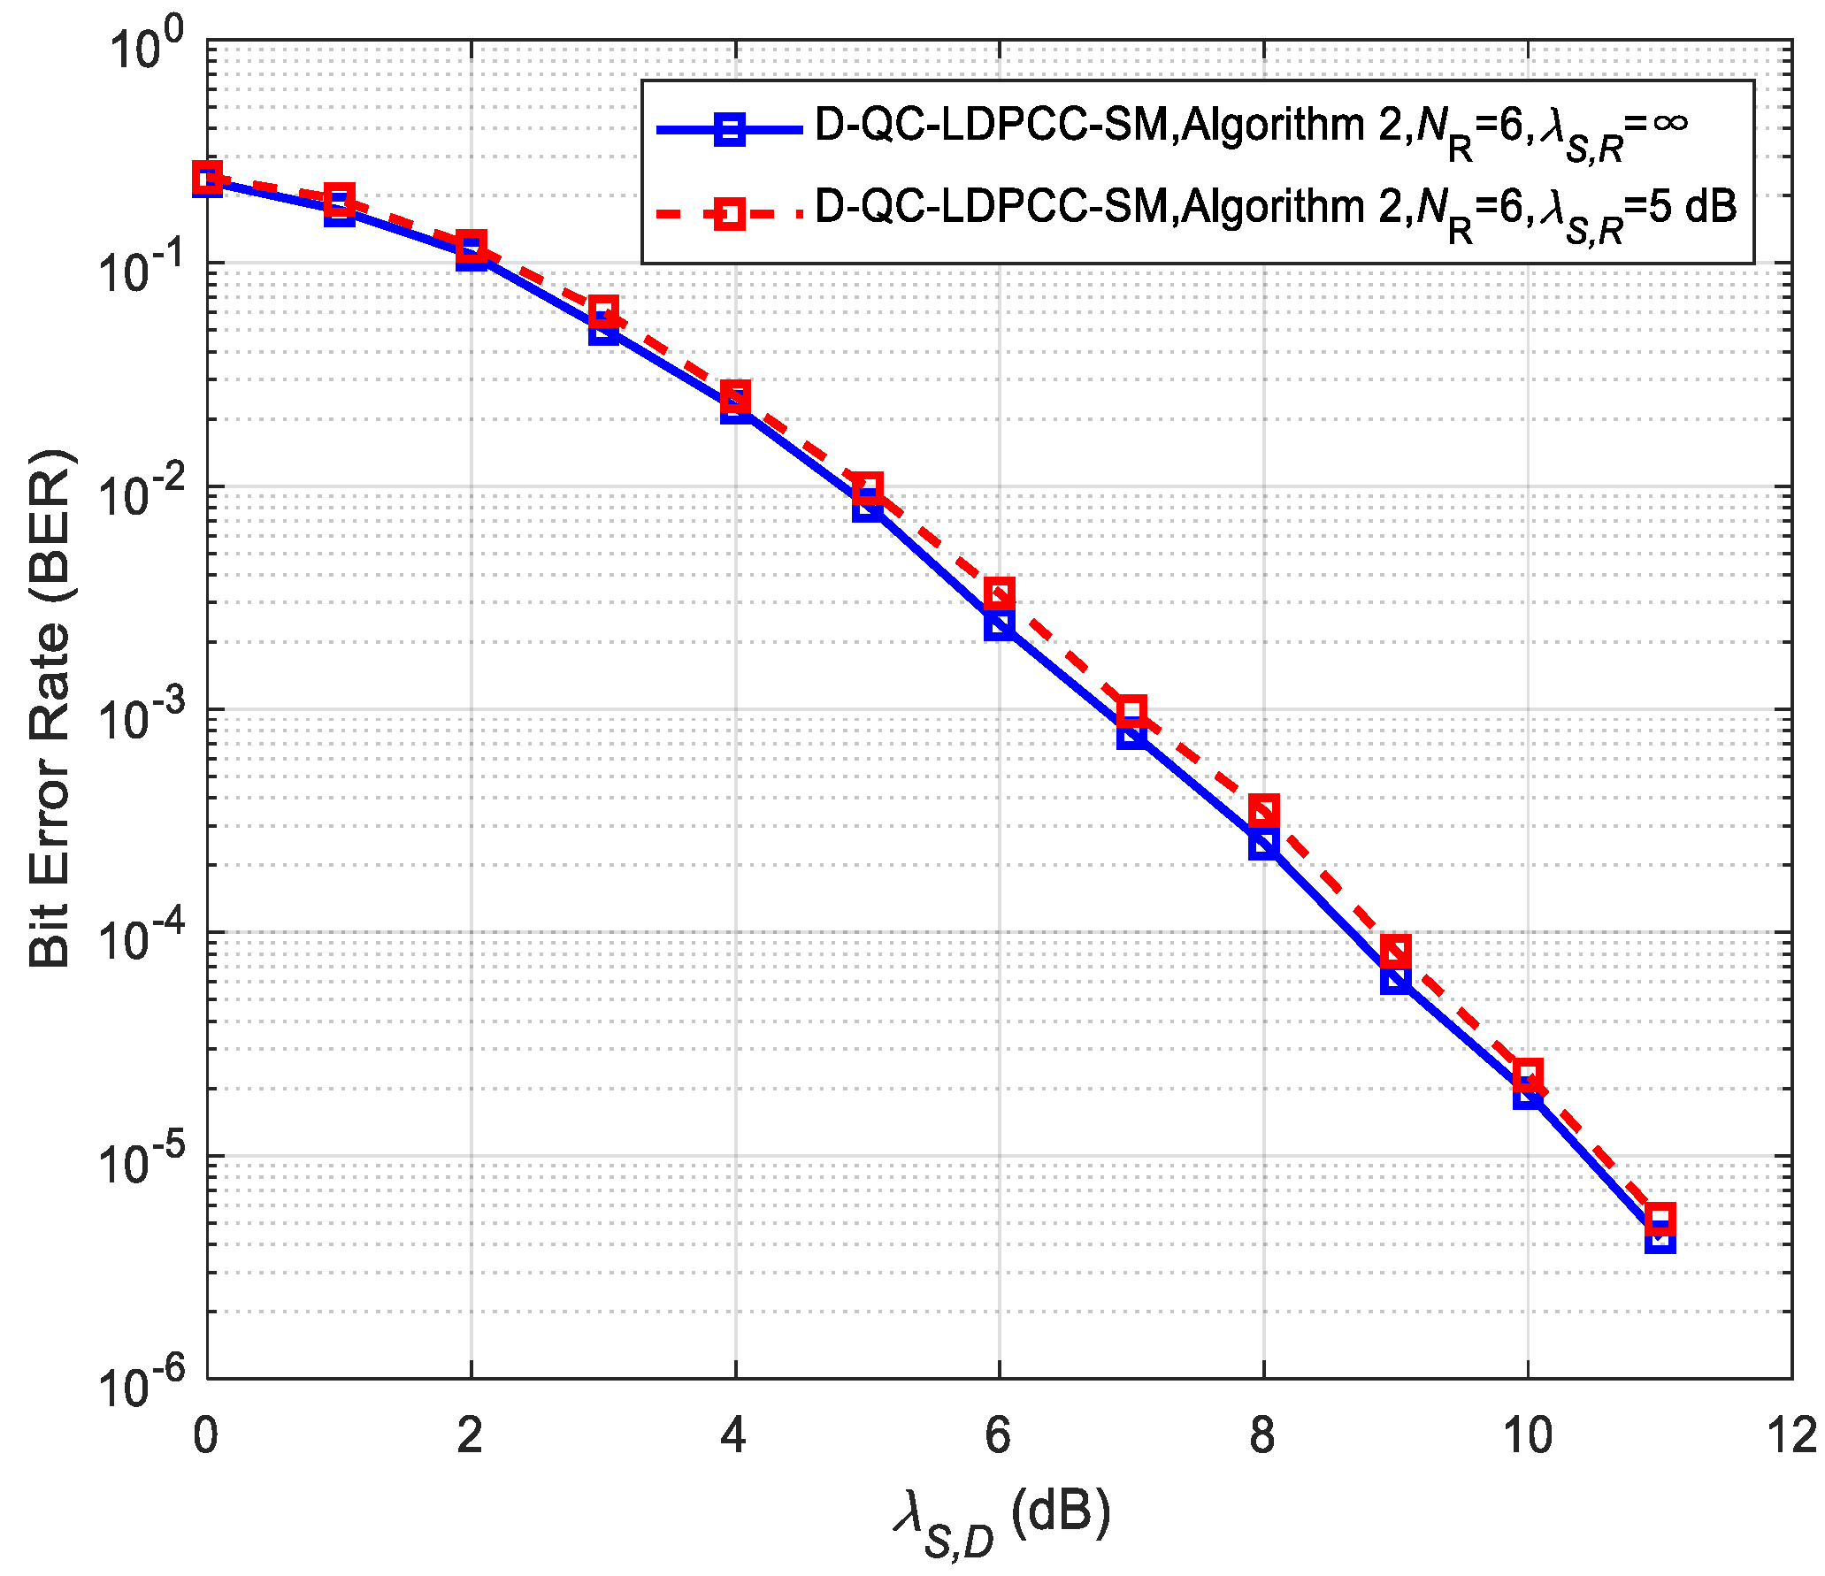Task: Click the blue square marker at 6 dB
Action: click(1000, 625)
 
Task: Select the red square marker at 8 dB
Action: click(1264, 810)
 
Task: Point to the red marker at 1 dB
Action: click(339, 198)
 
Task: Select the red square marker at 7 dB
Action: click(1131, 710)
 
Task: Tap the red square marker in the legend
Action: click(730, 213)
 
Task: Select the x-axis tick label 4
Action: click(734, 1434)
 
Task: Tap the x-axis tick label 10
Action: click(1528, 1434)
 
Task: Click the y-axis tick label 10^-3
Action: click(142, 715)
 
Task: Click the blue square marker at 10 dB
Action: click(1528, 1095)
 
